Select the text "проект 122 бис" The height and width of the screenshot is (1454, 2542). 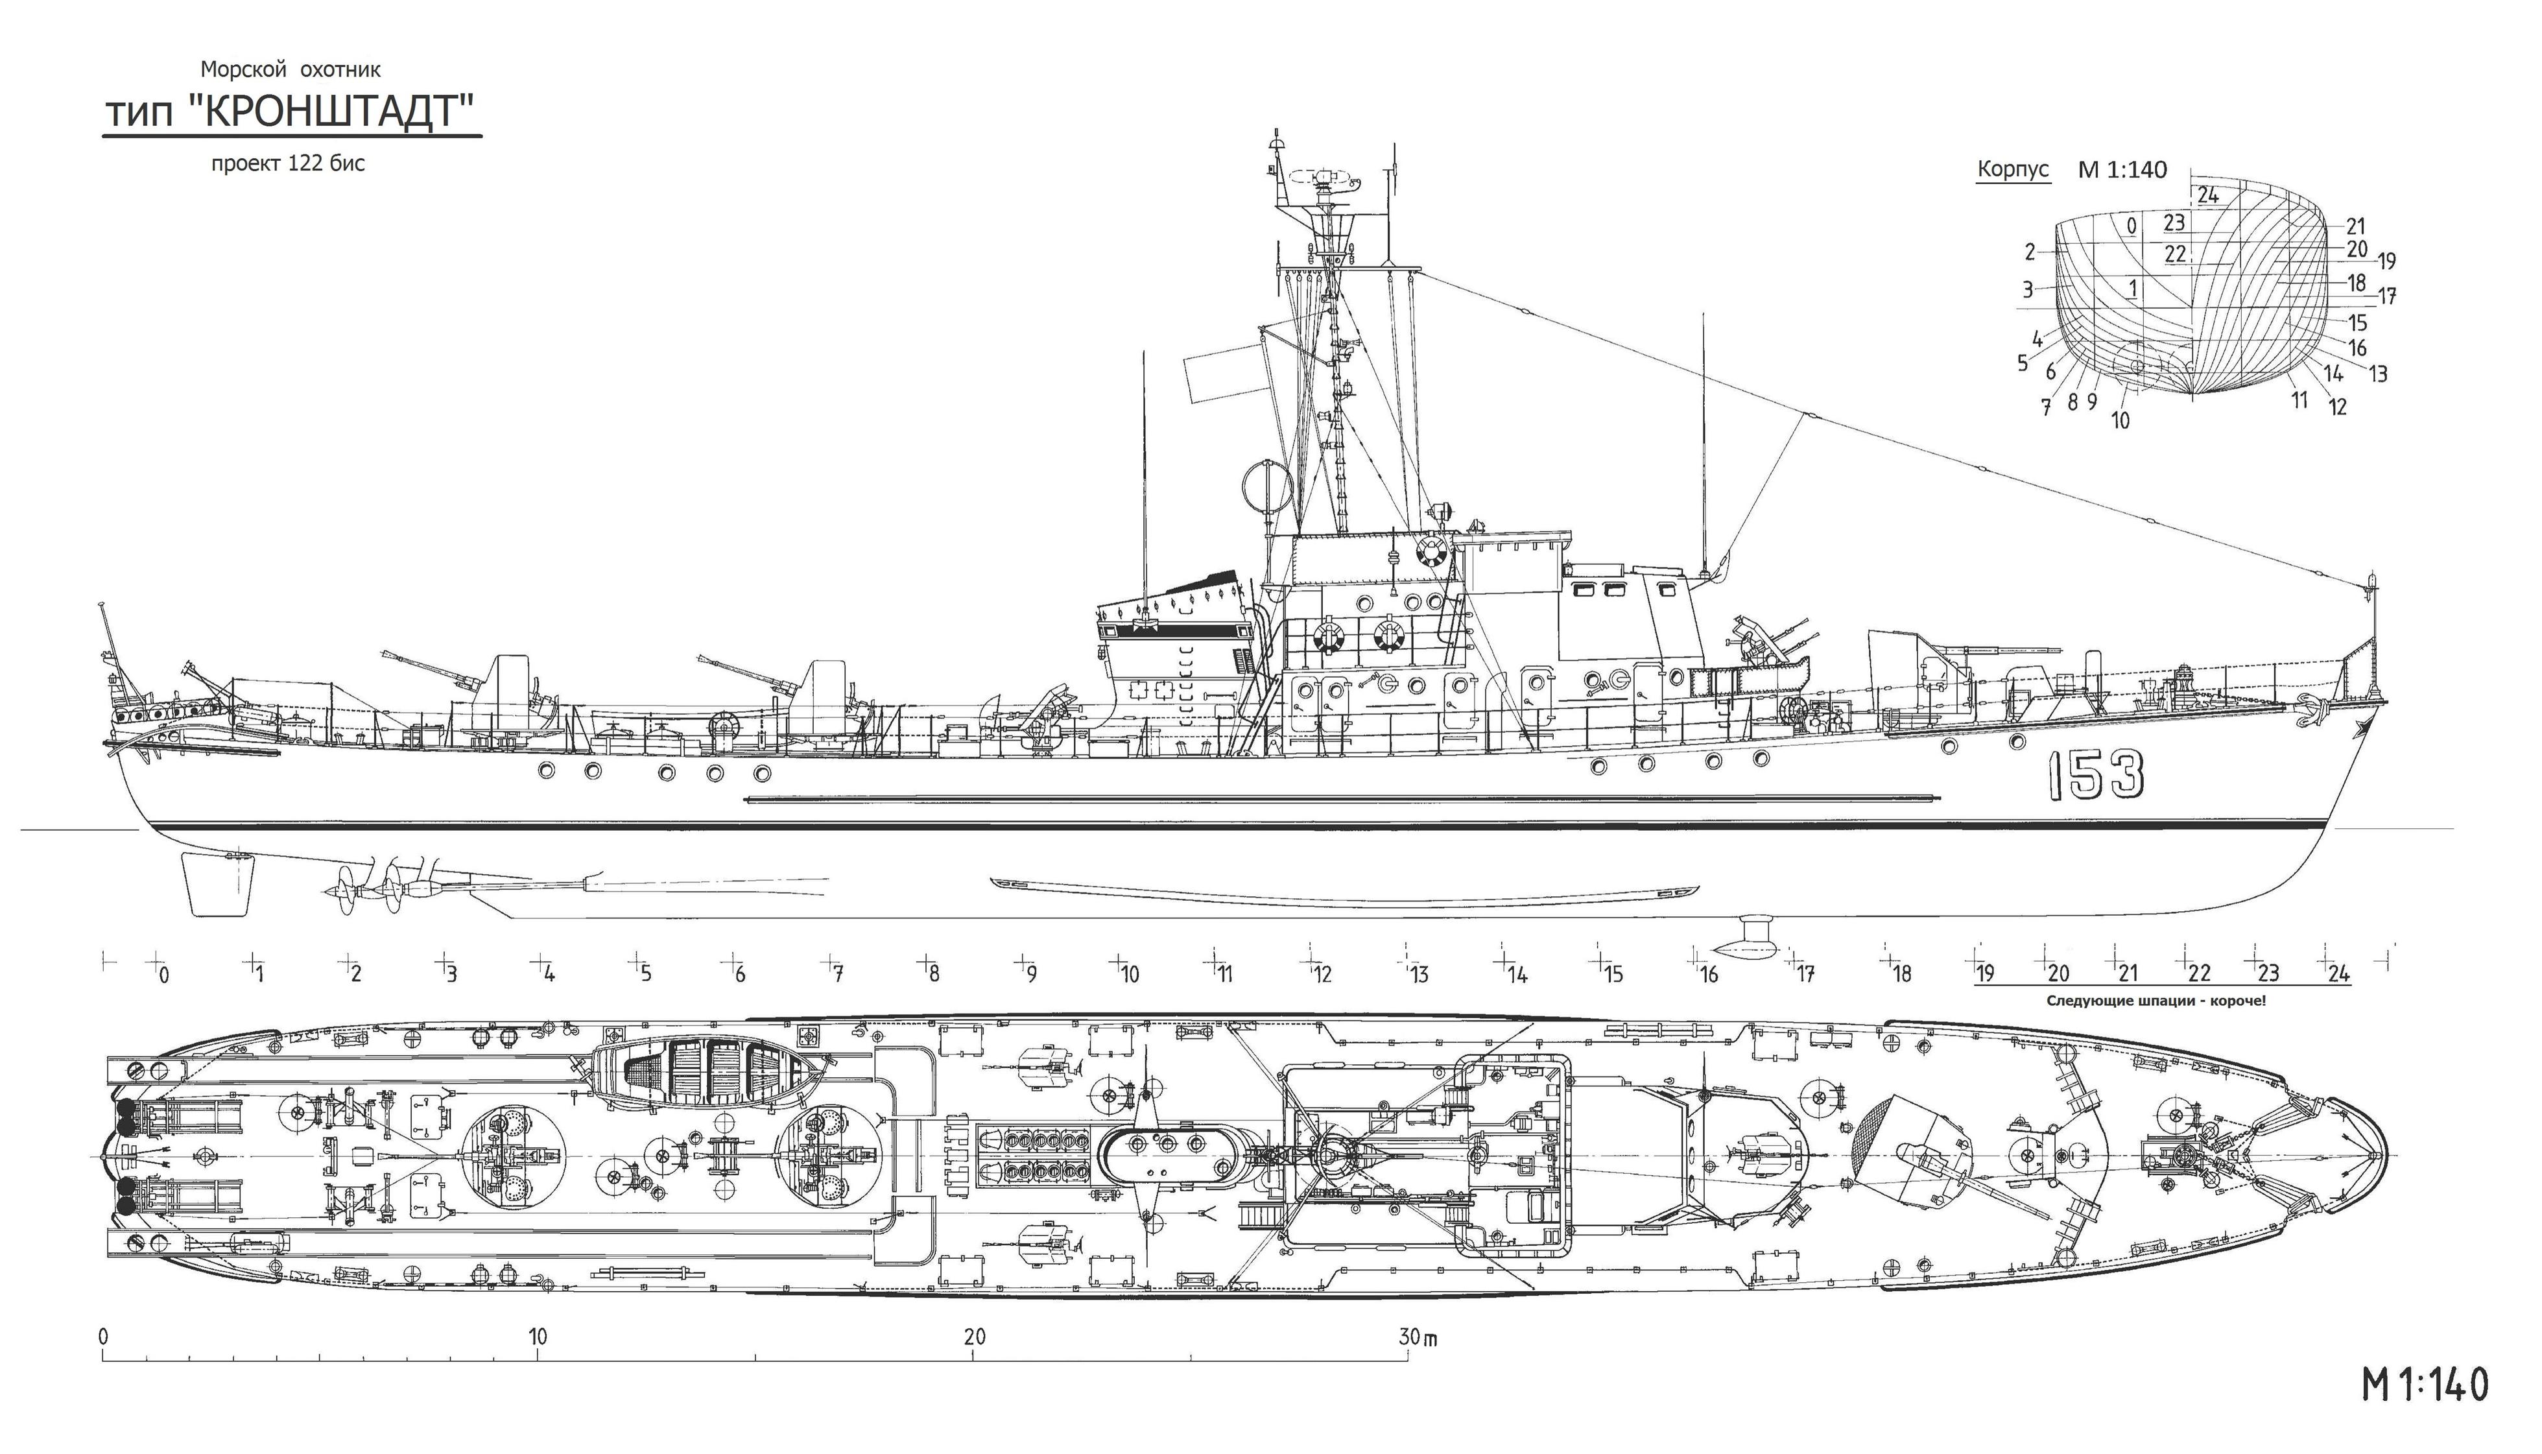[287, 164]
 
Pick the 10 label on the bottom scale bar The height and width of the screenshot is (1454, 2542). [538, 1336]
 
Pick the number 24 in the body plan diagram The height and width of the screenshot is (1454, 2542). [2207, 195]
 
